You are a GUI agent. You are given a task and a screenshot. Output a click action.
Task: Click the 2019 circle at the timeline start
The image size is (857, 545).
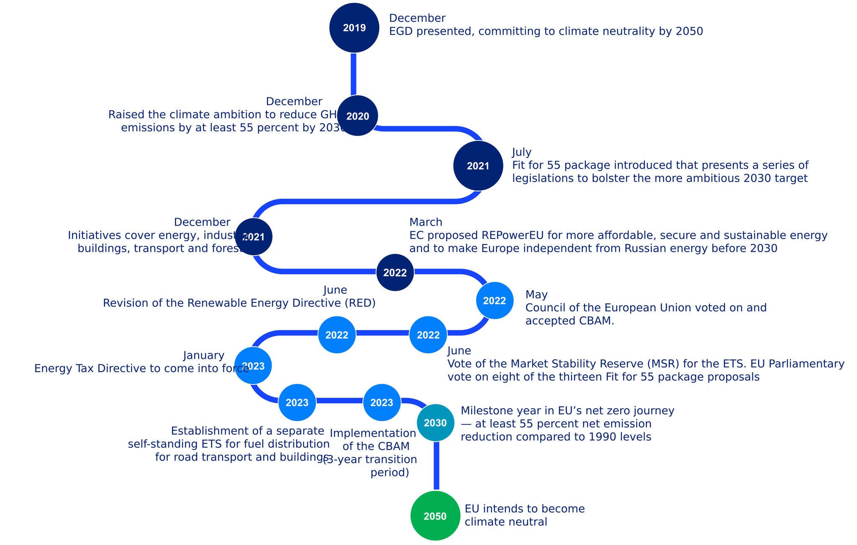point(354,28)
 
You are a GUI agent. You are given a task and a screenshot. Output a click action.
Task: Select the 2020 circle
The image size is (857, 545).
point(357,116)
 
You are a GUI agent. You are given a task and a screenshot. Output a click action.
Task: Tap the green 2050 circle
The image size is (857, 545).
point(435,516)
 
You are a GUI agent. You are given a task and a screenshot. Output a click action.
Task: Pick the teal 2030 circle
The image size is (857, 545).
point(435,423)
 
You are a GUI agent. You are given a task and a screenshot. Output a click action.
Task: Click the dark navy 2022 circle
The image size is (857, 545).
point(395,273)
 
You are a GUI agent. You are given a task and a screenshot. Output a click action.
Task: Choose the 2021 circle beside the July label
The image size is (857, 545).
point(478,166)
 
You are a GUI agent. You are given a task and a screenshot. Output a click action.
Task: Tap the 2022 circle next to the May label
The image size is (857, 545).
point(495,300)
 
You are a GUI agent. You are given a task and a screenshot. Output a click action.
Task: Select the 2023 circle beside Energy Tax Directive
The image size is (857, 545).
point(253,366)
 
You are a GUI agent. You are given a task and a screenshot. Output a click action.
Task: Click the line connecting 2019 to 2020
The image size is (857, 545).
point(354,74)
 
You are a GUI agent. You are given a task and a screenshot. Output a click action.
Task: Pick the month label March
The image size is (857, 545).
point(426,222)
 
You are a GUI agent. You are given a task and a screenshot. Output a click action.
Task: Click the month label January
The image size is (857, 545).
point(204,356)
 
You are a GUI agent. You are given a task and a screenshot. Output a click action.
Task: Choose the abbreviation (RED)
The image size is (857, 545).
point(360,303)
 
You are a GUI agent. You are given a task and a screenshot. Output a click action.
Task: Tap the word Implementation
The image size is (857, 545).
point(373,433)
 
